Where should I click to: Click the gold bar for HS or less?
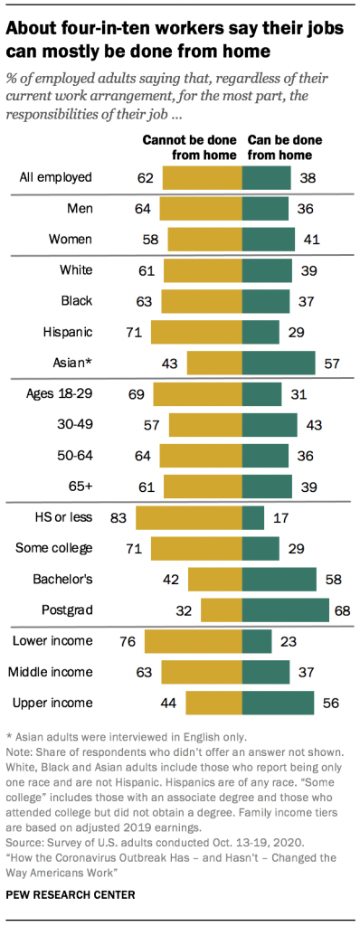pos(188,517)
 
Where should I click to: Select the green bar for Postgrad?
pos(281,609)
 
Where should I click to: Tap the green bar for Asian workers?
pos(278,363)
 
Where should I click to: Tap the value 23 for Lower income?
pos(287,641)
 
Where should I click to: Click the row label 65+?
pos(106,487)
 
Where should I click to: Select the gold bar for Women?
pos(204,239)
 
